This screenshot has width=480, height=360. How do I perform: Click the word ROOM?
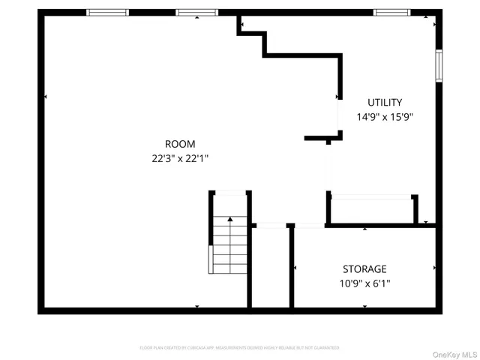(180, 144)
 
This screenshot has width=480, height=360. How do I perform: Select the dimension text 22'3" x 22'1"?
(180, 158)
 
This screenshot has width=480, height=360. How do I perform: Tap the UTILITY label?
(385, 103)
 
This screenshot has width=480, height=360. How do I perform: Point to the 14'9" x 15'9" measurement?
(385, 117)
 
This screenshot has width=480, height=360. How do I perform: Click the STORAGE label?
(364, 269)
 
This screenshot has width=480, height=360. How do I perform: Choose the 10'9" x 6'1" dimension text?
(364, 283)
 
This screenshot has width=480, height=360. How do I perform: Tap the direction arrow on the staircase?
(229, 220)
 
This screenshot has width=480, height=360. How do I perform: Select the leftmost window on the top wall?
(107, 13)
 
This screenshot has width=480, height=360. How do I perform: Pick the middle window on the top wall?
(196, 13)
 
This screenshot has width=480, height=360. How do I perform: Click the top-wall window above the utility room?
(391, 13)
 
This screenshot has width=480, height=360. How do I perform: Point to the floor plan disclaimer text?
(239, 348)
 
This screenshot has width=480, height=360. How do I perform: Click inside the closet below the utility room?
(371, 210)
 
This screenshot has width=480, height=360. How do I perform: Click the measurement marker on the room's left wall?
(46, 97)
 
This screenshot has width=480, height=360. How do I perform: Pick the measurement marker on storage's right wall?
(434, 267)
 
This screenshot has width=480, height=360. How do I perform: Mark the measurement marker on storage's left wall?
(295, 267)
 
